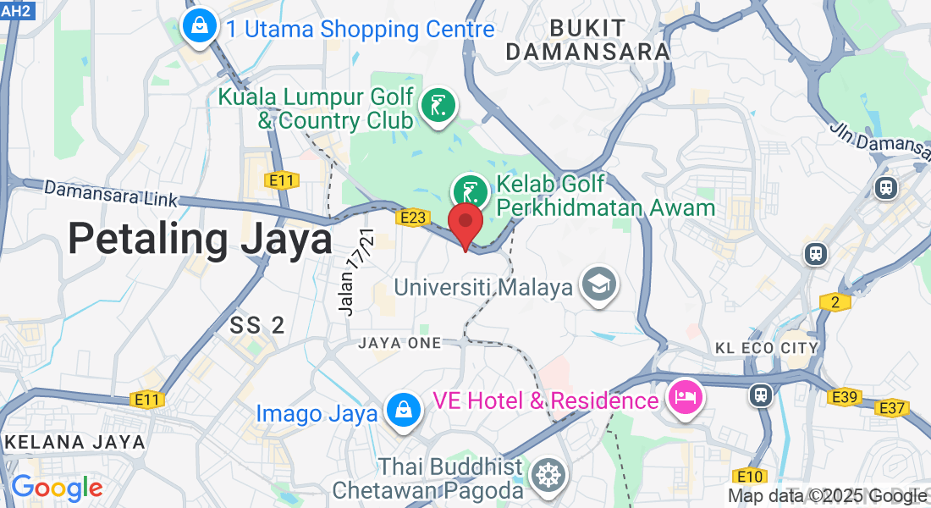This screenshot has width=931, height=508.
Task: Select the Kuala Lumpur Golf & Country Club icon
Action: [x=438, y=107]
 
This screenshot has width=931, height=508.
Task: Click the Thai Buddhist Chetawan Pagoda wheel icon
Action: [x=548, y=475]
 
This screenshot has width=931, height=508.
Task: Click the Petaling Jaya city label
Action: [x=200, y=239]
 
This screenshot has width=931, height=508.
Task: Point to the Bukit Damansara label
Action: [x=587, y=40]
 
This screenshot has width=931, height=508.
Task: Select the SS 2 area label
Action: [x=257, y=324]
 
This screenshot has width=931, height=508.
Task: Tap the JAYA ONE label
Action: [x=399, y=343]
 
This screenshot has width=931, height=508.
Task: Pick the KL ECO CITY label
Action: [x=767, y=348]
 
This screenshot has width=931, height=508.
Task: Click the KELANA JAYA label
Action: [x=74, y=442]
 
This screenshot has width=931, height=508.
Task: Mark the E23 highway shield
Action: [x=412, y=218]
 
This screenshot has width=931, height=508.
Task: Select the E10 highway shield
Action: [x=751, y=476]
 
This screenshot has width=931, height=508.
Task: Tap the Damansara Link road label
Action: [x=111, y=193]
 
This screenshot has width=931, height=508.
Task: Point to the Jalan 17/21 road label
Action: [x=356, y=271]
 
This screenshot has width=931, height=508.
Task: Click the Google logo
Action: [x=57, y=488]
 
